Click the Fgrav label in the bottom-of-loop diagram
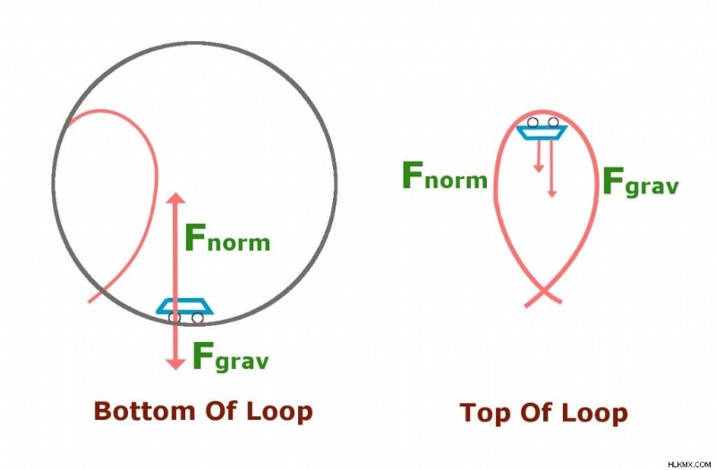pyautogui.click(x=231, y=356)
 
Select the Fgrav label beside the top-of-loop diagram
pyautogui.click(x=641, y=182)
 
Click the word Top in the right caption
pyautogui.click(x=487, y=414)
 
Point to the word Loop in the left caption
pyautogui.click(x=279, y=412)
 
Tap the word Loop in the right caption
pyautogui.click(x=595, y=414)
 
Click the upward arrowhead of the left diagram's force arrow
pyautogui.click(x=175, y=198)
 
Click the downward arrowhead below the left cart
pyautogui.click(x=175, y=364)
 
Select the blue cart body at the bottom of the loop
pyautogui.click(x=184, y=306)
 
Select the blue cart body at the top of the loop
pyautogui.click(x=542, y=132)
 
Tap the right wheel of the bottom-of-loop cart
pyautogui.click(x=197, y=318)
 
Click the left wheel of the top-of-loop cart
pyautogui.click(x=533, y=122)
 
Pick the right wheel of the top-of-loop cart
pyautogui.click(x=553, y=122)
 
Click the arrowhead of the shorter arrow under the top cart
pyautogui.click(x=539, y=168)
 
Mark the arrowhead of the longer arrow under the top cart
pyautogui.click(x=551, y=193)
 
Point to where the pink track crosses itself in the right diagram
pyautogui.click(x=543, y=290)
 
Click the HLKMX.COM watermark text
pyautogui.click(x=689, y=464)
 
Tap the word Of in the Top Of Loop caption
pyautogui.click(x=538, y=414)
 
